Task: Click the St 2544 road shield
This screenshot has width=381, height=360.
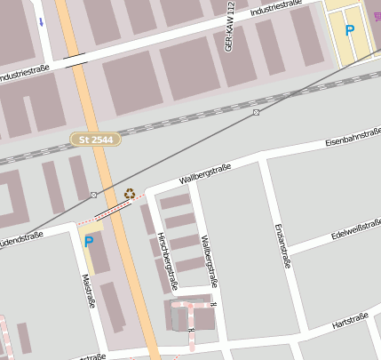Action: (x=95, y=140)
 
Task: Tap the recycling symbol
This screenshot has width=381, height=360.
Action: (x=130, y=193)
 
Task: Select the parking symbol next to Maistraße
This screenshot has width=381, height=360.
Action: (x=88, y=242)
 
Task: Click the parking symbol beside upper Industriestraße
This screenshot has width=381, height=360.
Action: (x=350, y=31)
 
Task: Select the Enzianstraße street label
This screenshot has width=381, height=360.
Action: (x=285, y=245)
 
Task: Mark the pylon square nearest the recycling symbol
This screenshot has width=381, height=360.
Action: (x=94, y=195)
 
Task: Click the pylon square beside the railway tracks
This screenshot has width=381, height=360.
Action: (x=256, y=113)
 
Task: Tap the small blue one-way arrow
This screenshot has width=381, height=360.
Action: (x=40, y=20)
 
